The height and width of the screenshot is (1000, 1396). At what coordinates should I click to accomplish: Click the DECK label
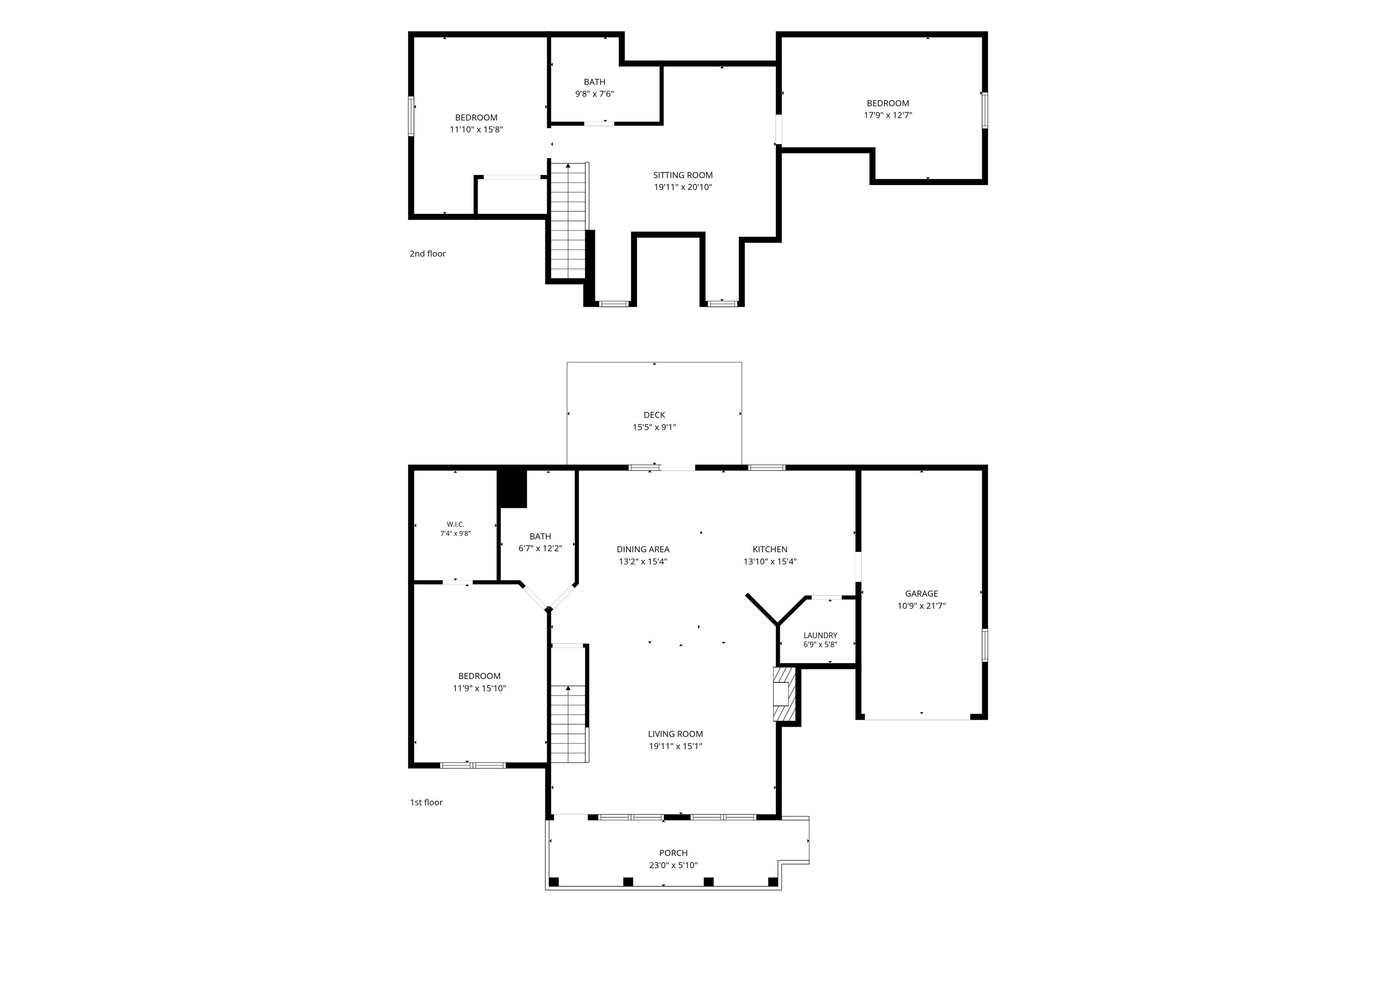click(654, 415)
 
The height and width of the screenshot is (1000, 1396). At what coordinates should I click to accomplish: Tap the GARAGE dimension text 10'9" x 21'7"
click(922, 606)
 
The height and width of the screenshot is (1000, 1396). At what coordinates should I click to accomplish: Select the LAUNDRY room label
click(821, 635)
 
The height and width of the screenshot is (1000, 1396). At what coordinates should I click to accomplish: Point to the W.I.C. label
click(455, 525)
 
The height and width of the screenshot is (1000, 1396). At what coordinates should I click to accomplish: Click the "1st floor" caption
click(427, 802)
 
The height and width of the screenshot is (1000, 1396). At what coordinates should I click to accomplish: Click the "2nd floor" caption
click(428, 254)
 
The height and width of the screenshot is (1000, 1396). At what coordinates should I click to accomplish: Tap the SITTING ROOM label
click(683, 175)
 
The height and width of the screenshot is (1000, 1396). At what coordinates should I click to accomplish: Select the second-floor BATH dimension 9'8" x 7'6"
click(594, 94)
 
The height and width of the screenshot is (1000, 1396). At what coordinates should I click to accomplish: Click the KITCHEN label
click(770, 549)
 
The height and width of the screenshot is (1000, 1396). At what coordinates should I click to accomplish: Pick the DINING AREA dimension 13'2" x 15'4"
click(643, 561)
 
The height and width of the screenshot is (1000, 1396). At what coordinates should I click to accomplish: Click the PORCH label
click(673, 853)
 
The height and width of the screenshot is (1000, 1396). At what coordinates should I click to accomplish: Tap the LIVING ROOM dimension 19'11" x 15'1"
click(675, 746)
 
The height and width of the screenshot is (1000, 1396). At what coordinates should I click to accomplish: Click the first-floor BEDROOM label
click(479, 676)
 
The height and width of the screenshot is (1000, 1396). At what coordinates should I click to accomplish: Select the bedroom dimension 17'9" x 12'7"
click(888, 115)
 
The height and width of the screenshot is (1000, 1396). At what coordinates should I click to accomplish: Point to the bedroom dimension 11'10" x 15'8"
click(476, 130)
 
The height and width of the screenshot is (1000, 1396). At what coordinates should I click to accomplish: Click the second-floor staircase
click(568, 220)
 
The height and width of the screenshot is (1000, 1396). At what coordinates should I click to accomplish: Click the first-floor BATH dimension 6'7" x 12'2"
click(540, 549)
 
